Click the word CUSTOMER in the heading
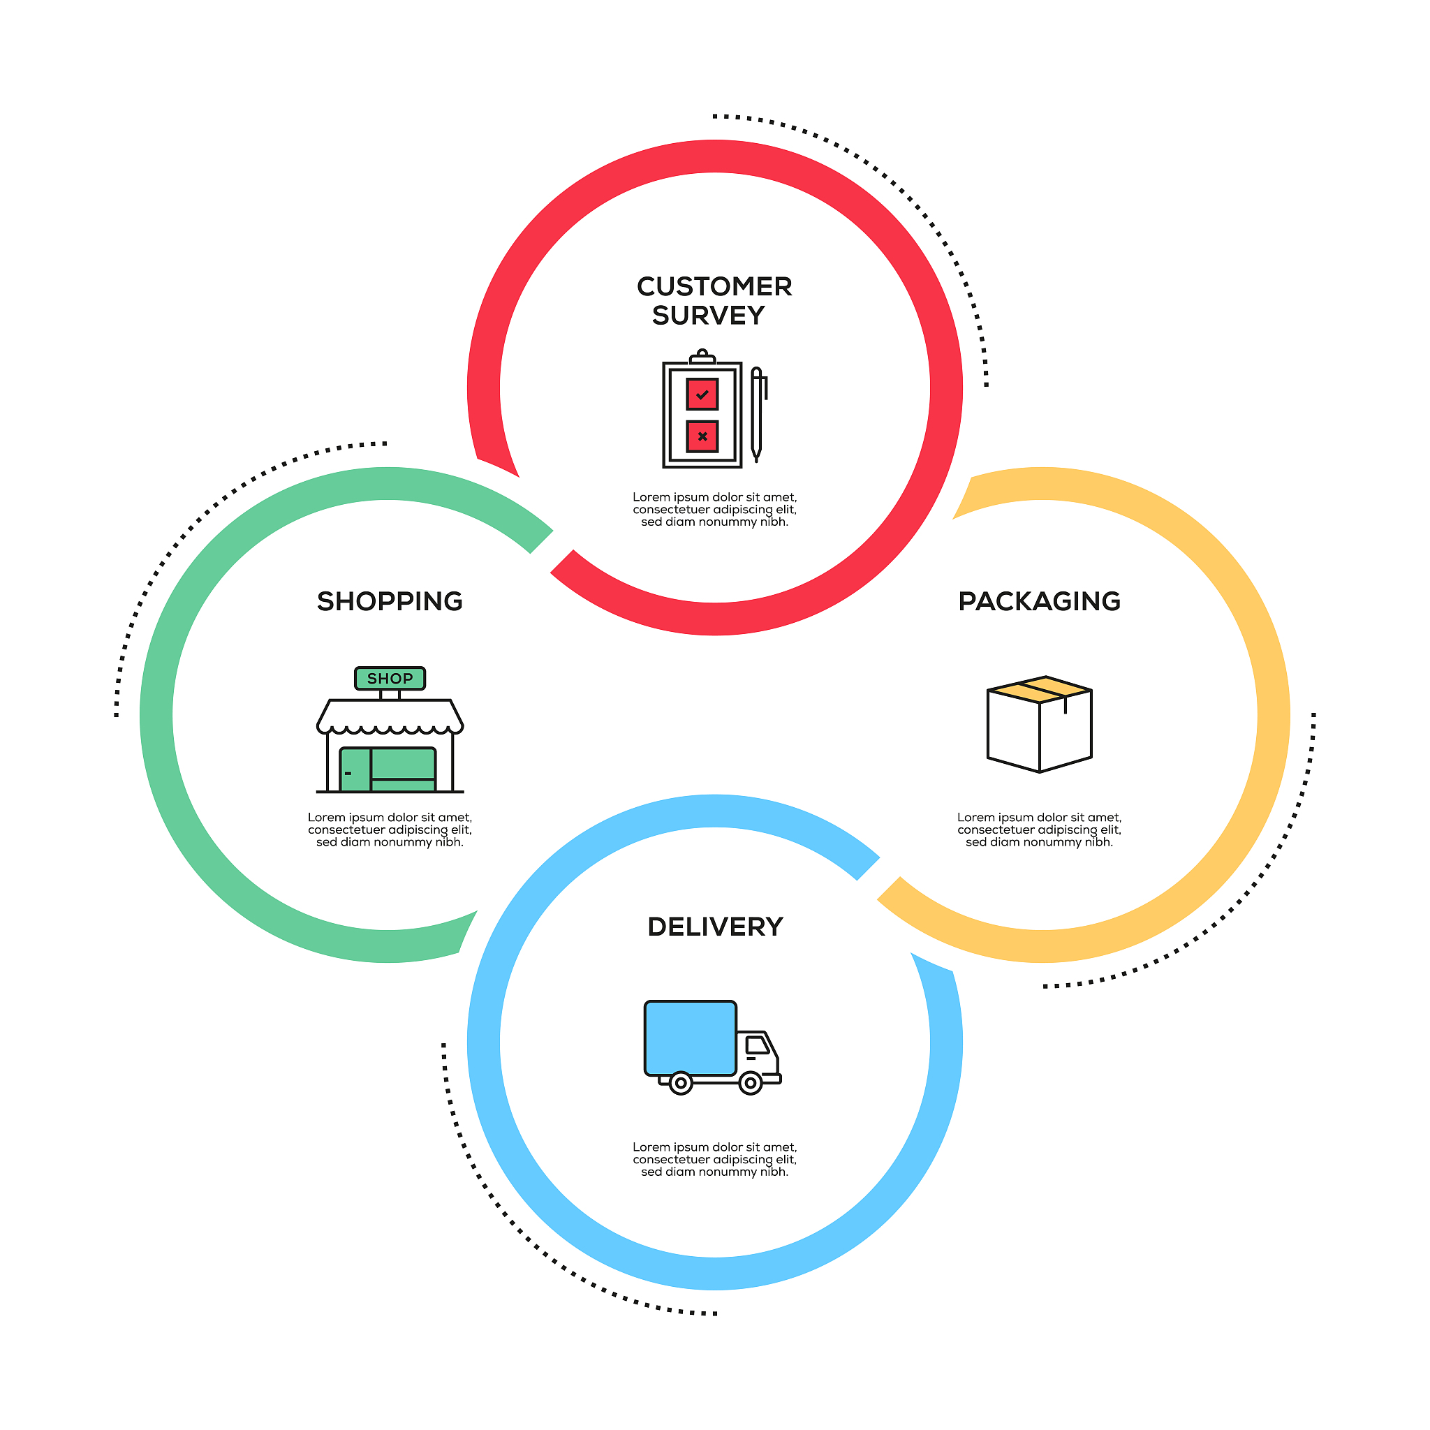click(x=714, y=286)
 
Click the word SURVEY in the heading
click(x=708, y=316)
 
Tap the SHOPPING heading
click(x=390, y=601)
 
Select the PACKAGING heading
click(x=1039, y=601)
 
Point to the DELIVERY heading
click(x=715, y=927)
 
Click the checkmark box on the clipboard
click(x=702, y=395)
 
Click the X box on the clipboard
click(x=702, y=436)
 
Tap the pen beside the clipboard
click(x=757, y=415)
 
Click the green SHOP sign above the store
click(x=390, y=678)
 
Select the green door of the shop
click(x=355, y=769)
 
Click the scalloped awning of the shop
click(x=390, y=716)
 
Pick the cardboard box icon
click(x=1040, y=725)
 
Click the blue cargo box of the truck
click(x=691, y=1038)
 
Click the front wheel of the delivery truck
click(x=751, y=1084)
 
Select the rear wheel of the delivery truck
click(x=681, y=1084)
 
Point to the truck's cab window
click(x=757, y=1045)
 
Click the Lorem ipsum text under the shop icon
click(x=390, y=830)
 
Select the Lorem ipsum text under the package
click(x=1039, y=830)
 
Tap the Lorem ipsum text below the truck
click(x=715, y=1160)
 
